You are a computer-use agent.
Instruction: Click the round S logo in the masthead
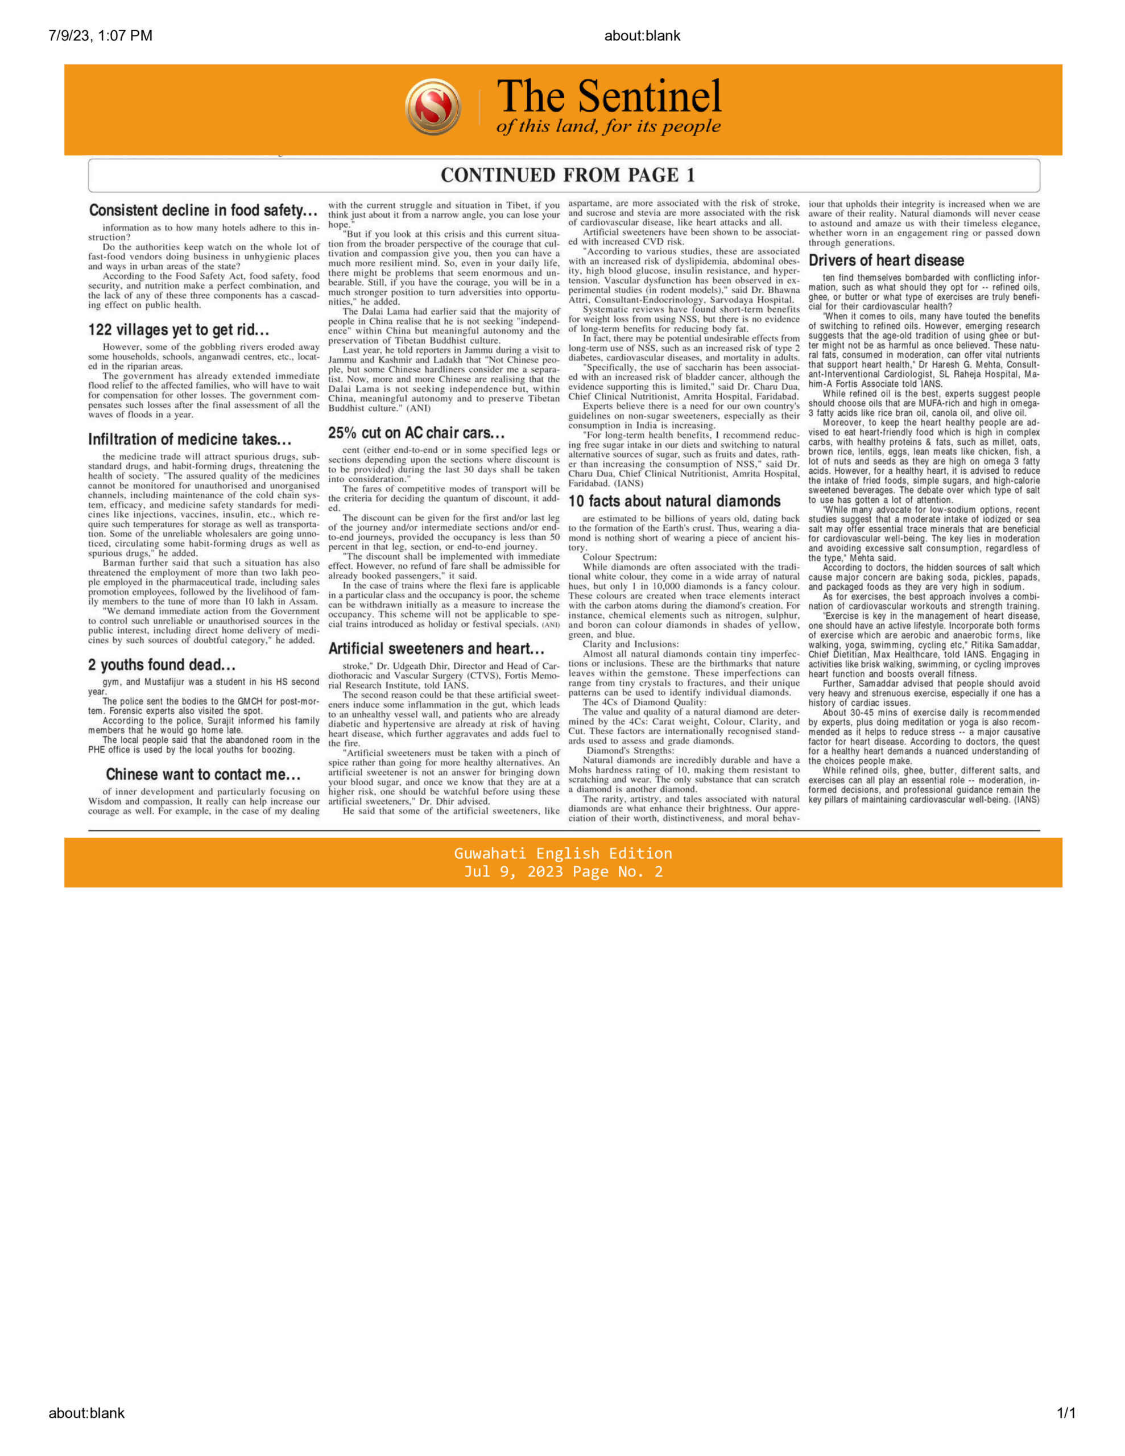(432, 107)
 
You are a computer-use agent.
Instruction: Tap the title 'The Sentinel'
(609, 96)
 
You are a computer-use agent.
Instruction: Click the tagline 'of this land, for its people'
(608, 127)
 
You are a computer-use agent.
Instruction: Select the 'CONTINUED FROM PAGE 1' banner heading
(568, 175)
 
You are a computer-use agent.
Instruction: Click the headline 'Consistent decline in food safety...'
(204, 210)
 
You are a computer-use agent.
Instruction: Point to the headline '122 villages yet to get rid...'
(179, 330)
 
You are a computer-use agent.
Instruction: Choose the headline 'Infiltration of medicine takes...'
(190, 439)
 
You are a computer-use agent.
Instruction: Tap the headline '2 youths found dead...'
(162, 665)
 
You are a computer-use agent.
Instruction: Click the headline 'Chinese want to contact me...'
(204, 774)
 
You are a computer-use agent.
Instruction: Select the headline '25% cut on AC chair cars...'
(416, 433)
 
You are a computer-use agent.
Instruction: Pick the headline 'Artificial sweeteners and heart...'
(436, 649)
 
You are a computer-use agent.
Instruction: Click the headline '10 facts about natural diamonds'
(674, 501)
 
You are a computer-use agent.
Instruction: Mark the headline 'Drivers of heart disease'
(886, 260)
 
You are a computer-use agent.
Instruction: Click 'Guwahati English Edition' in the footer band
(563, 853)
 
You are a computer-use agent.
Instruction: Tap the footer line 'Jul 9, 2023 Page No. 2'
(563, 872)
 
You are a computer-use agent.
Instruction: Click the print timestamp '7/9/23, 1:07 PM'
(100, 36)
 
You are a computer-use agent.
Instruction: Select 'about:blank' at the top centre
(642, 36)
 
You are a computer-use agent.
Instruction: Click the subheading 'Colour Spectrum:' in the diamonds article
(619, 557)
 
